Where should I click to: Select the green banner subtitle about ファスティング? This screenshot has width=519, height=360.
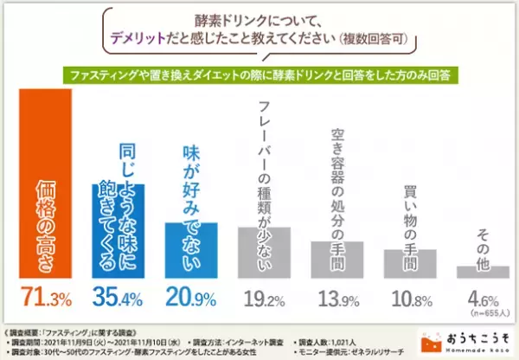pos(259,74)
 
